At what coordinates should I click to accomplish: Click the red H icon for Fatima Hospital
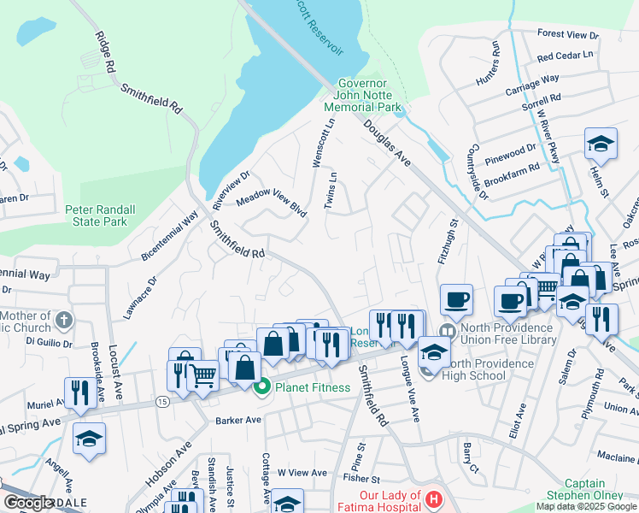[435, 498]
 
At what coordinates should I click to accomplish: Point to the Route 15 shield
[161, 400]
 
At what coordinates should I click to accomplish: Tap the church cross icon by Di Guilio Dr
[63, 321]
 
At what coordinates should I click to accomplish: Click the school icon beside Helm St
[601, 144]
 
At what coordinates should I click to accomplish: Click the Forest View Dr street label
[568, 35]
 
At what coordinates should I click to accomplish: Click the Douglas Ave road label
[387, 143]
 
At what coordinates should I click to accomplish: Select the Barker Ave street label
[237, 420]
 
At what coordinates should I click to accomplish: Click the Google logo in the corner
[30, 503]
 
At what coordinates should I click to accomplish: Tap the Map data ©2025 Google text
[586, 506]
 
